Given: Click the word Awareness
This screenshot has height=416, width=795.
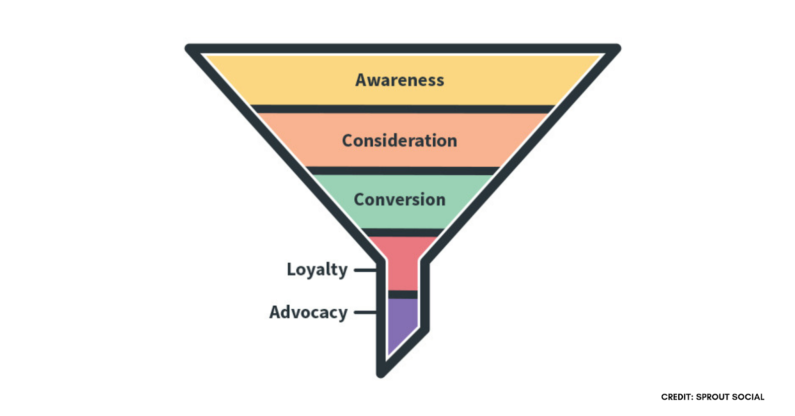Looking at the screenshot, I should point(399,80).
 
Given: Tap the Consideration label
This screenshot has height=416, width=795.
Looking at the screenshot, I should point(399,140).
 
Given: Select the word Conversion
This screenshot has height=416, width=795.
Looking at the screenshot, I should point(399,200).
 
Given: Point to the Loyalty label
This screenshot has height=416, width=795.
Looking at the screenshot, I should point(317,270).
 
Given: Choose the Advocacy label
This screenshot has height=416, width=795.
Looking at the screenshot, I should point(308,312).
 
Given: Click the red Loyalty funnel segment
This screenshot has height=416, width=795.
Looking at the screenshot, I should point(402,263).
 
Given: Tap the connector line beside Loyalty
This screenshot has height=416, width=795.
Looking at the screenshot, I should point(365,270).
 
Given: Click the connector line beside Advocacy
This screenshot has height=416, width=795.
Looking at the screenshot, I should point(365,312).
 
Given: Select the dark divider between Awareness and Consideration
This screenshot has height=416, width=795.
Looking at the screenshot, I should point(402,109).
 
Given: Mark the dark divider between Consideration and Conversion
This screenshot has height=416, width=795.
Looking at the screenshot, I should point(402,171).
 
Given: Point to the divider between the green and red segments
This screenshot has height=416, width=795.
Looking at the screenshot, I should point(402,232).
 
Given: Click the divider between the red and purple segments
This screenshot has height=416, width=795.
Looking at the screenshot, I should point(402,294).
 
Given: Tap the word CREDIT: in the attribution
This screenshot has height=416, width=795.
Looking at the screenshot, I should point(677,397).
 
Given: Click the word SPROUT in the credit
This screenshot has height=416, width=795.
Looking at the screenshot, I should point(713,397).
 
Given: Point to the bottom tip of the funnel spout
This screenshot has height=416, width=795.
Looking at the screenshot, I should point(381,373).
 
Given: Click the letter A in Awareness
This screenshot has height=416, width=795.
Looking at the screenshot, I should point(361,80).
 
